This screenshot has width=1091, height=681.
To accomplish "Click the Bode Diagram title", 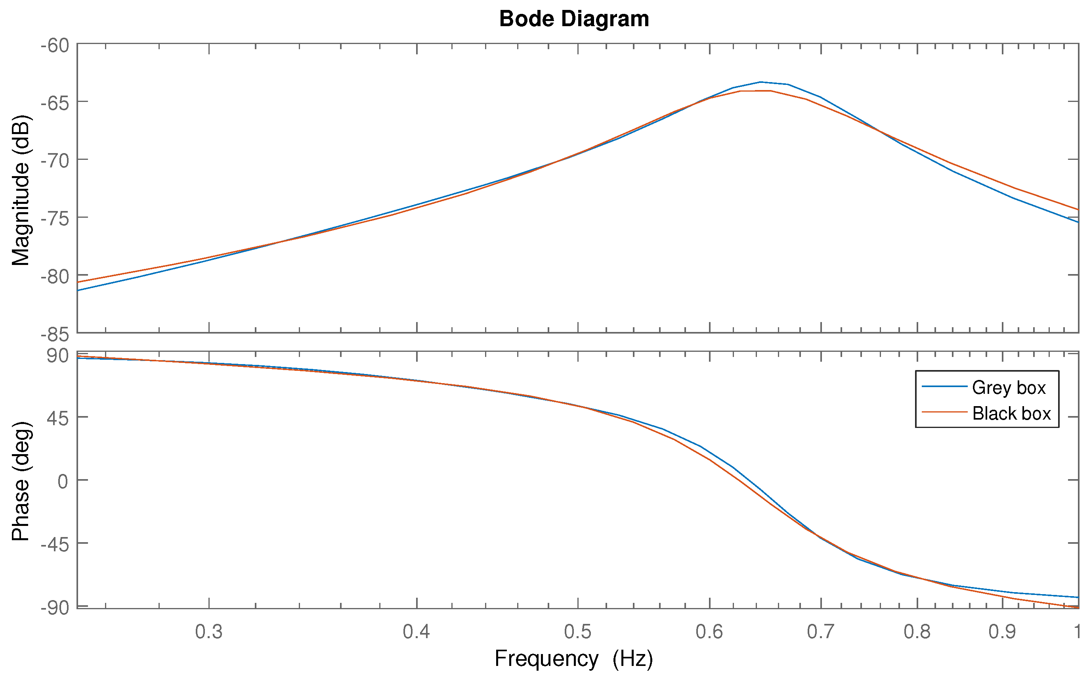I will [574, 19].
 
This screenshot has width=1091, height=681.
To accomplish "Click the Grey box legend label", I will [1009, 388].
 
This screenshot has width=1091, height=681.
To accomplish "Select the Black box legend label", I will [1011, 413].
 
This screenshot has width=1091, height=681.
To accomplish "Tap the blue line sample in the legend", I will [944, 386].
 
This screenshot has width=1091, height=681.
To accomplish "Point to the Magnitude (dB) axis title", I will [21, 190].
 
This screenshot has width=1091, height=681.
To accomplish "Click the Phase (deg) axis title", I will [21, 481].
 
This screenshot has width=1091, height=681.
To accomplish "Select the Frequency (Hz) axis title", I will [573, 658].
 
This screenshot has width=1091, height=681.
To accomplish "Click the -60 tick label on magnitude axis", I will [55, 46].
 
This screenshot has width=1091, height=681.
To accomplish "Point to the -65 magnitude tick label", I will [55, 103].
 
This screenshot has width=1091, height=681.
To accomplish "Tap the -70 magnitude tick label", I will [55, 161].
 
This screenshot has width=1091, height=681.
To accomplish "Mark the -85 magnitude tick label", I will [55, 335].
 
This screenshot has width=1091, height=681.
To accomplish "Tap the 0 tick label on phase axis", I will [63, 481].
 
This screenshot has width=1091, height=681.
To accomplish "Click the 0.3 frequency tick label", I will [209, 632].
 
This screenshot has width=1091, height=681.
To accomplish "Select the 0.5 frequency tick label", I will [578, 632].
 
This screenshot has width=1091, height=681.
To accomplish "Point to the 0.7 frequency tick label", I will [821, 632].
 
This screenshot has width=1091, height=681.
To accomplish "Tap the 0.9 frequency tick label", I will [1002, 632].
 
